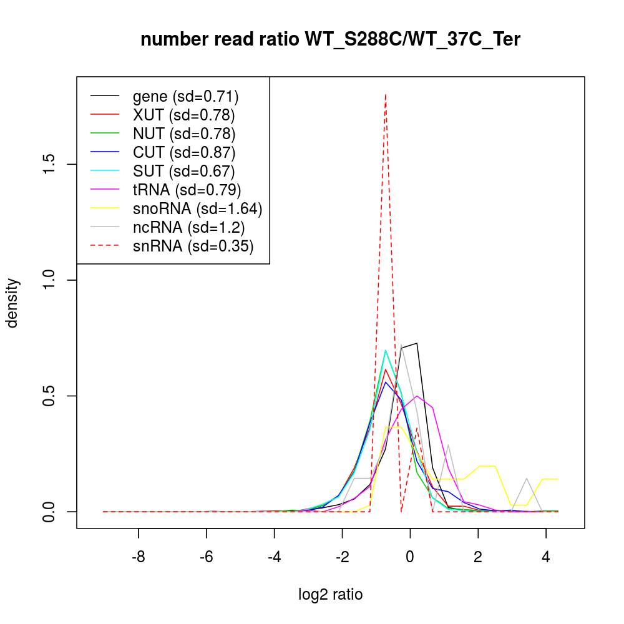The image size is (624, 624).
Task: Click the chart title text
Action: coord(330,40)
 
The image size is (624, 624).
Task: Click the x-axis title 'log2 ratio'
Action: coord(330,594)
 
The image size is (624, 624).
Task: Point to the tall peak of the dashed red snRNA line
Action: coord(386,95)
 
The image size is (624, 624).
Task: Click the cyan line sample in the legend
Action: coord(104,171)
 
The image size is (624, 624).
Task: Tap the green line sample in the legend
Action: coord(104,134)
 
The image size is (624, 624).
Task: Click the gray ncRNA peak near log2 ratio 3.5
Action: coord(527,479)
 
